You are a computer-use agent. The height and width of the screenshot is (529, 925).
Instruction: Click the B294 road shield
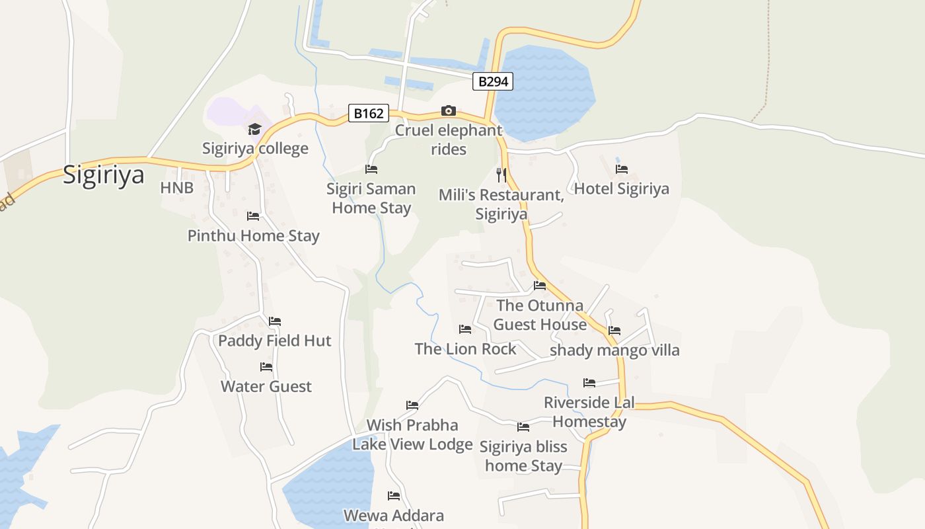point(493,81)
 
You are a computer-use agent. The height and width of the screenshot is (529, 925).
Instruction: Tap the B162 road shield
point(369,113)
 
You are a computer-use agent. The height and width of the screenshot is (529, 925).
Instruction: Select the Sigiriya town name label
point(104,175)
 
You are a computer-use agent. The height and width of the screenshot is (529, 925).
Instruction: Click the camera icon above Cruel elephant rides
point(449,110)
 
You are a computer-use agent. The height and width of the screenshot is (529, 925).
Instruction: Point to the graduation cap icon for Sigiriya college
point(255,129)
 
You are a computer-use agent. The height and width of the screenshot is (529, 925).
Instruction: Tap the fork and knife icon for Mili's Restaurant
point(501,175)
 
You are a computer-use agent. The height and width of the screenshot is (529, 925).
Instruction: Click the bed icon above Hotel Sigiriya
point(622,169)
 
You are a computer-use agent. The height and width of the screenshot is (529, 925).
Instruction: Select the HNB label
point(177,188)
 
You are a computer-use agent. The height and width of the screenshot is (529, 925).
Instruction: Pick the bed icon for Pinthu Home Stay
point(253,216)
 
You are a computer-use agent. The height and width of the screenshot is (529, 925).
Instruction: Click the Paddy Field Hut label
point(275,341)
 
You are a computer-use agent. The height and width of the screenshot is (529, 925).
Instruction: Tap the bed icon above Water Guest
point(266,367)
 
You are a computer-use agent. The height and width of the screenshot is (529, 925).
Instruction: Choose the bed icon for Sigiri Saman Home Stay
point(371,170)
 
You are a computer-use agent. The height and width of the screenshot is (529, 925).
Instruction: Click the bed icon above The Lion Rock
point(465,329)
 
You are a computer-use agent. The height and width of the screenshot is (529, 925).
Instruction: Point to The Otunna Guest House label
point(540,315)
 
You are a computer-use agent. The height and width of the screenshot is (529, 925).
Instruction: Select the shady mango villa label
point(614,350)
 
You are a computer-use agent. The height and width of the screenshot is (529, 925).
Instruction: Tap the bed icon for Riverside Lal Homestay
point(589,383)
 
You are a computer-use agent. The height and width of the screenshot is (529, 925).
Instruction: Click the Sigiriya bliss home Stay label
point(523,456)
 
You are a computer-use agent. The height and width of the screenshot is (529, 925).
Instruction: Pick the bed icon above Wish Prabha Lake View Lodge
point(412,405)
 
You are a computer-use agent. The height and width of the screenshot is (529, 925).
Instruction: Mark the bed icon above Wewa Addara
point(394,496)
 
